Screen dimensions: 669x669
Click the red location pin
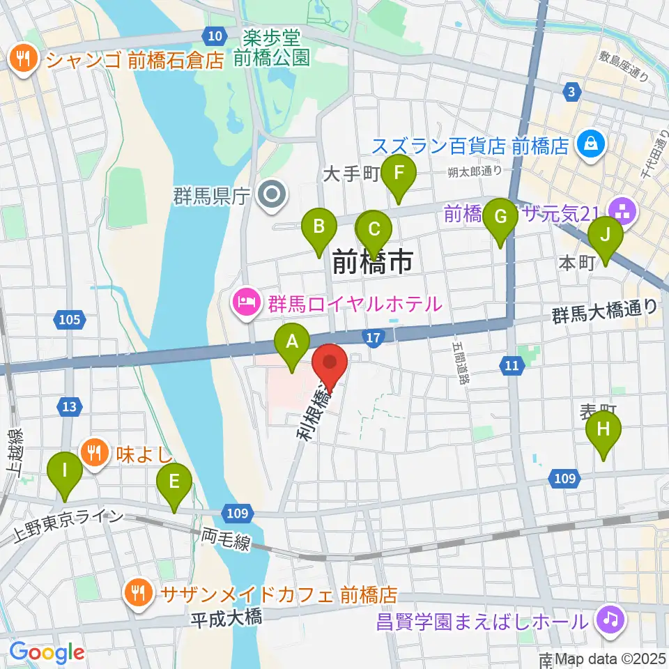click(330, 366)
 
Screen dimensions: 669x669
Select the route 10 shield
click(215, 35)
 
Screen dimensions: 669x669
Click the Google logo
click(47, 652)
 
